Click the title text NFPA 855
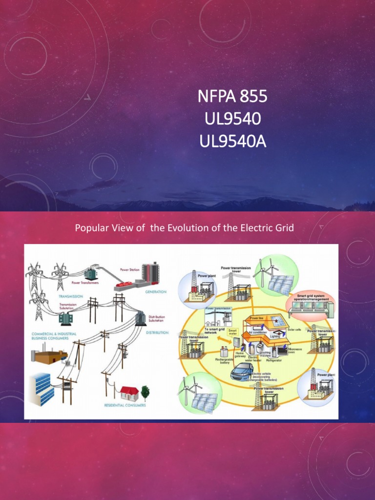pos(232,97)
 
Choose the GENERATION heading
pos(156,292)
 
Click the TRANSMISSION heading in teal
pos(70,296)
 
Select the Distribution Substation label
pos(156,318)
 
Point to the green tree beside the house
pos(145,392)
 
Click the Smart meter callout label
pos(233,332)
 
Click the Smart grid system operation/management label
pos(313,298)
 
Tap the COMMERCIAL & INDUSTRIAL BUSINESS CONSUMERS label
pos(48,335)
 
